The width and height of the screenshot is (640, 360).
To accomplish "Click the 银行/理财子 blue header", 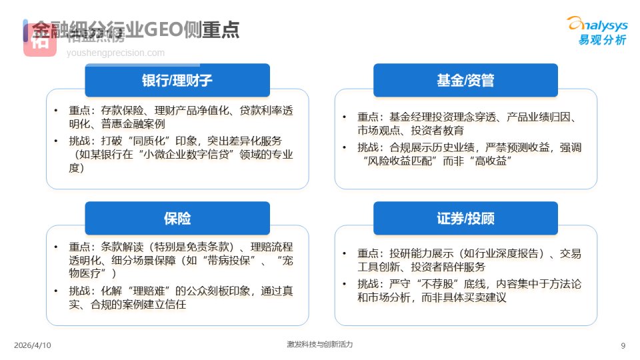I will pos(177,81).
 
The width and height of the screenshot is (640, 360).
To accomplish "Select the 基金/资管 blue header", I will pos(465,81).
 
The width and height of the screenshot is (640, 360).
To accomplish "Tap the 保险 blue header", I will pos(177,218).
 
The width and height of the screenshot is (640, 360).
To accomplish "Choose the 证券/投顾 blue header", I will pos(465,218).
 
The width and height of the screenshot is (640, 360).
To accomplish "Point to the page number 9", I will pos(623,345).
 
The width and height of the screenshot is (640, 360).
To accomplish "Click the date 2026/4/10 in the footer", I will pos(32,345).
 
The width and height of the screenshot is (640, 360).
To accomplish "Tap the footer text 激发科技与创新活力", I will pos(319,345).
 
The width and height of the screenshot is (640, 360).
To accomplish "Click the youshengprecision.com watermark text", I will pos(115,53).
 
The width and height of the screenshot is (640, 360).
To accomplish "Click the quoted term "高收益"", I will pos(484,161).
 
